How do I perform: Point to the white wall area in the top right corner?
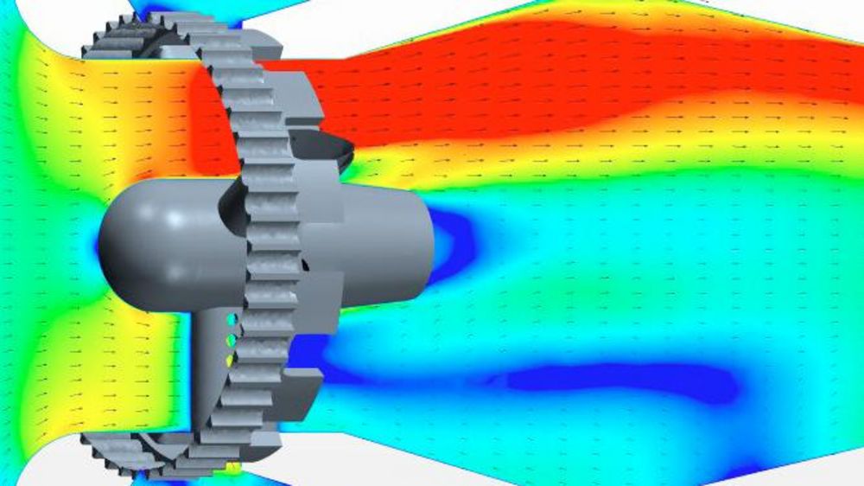[x=795, y=17]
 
